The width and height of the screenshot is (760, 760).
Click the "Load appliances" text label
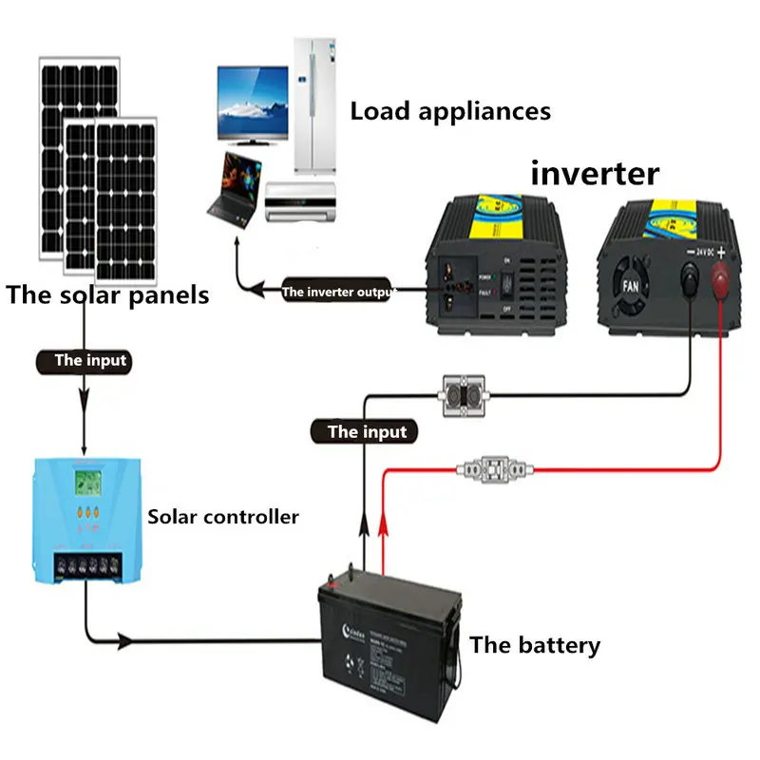(x=450, y=111)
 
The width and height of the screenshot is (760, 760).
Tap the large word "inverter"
(x=595, y=173)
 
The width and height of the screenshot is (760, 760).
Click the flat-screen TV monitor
(x=253, y=104)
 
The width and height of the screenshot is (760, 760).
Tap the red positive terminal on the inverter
(x=721, y=281)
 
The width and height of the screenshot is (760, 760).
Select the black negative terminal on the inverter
(x=688, y=281)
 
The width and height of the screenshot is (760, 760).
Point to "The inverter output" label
(x=337, y=292)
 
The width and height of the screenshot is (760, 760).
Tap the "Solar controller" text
(x=223, y=518)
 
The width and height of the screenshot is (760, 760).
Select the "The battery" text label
(x=535, y=646)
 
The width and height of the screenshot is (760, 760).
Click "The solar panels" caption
(x=107, y=294)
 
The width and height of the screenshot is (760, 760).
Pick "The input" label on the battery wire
(x=367, y=432)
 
